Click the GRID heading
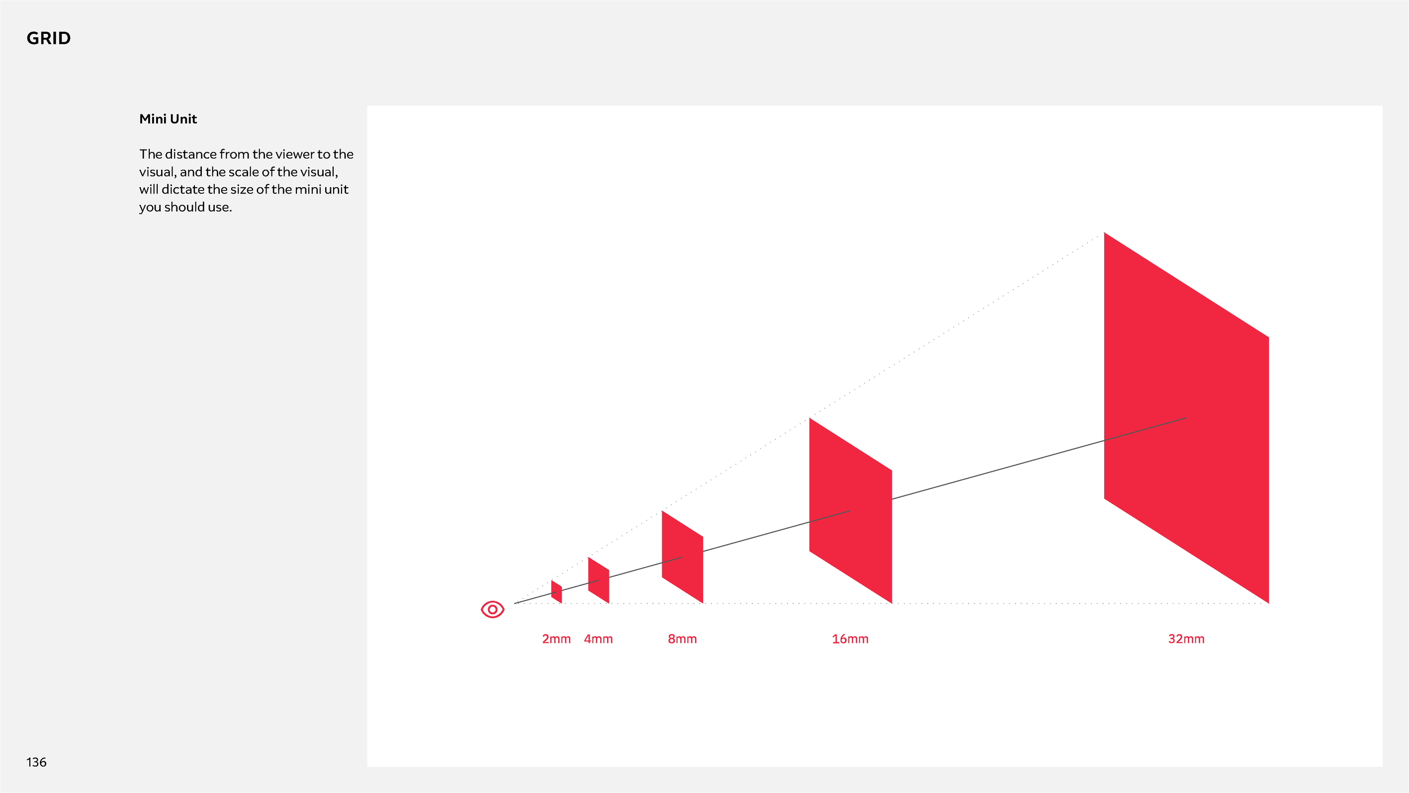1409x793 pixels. pos(48,38)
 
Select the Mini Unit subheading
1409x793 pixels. pos(168,119)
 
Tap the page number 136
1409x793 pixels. pos(36,763)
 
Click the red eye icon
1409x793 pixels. pos(492,609)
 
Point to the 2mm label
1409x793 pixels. pos(556,639)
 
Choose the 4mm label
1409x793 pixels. pos(598,639)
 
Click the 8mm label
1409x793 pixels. pos(682,639)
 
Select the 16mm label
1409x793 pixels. pos(850,639)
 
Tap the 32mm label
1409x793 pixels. pos(1186,639)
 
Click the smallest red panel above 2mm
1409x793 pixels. pos(556,592)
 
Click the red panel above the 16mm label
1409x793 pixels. pos(850,510)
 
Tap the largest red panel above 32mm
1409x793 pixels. pos(1186,417)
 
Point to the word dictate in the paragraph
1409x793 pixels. pos(183,190)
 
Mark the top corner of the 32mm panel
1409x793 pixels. pos(1105,234)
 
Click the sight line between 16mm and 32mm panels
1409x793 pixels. pos(998,470)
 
